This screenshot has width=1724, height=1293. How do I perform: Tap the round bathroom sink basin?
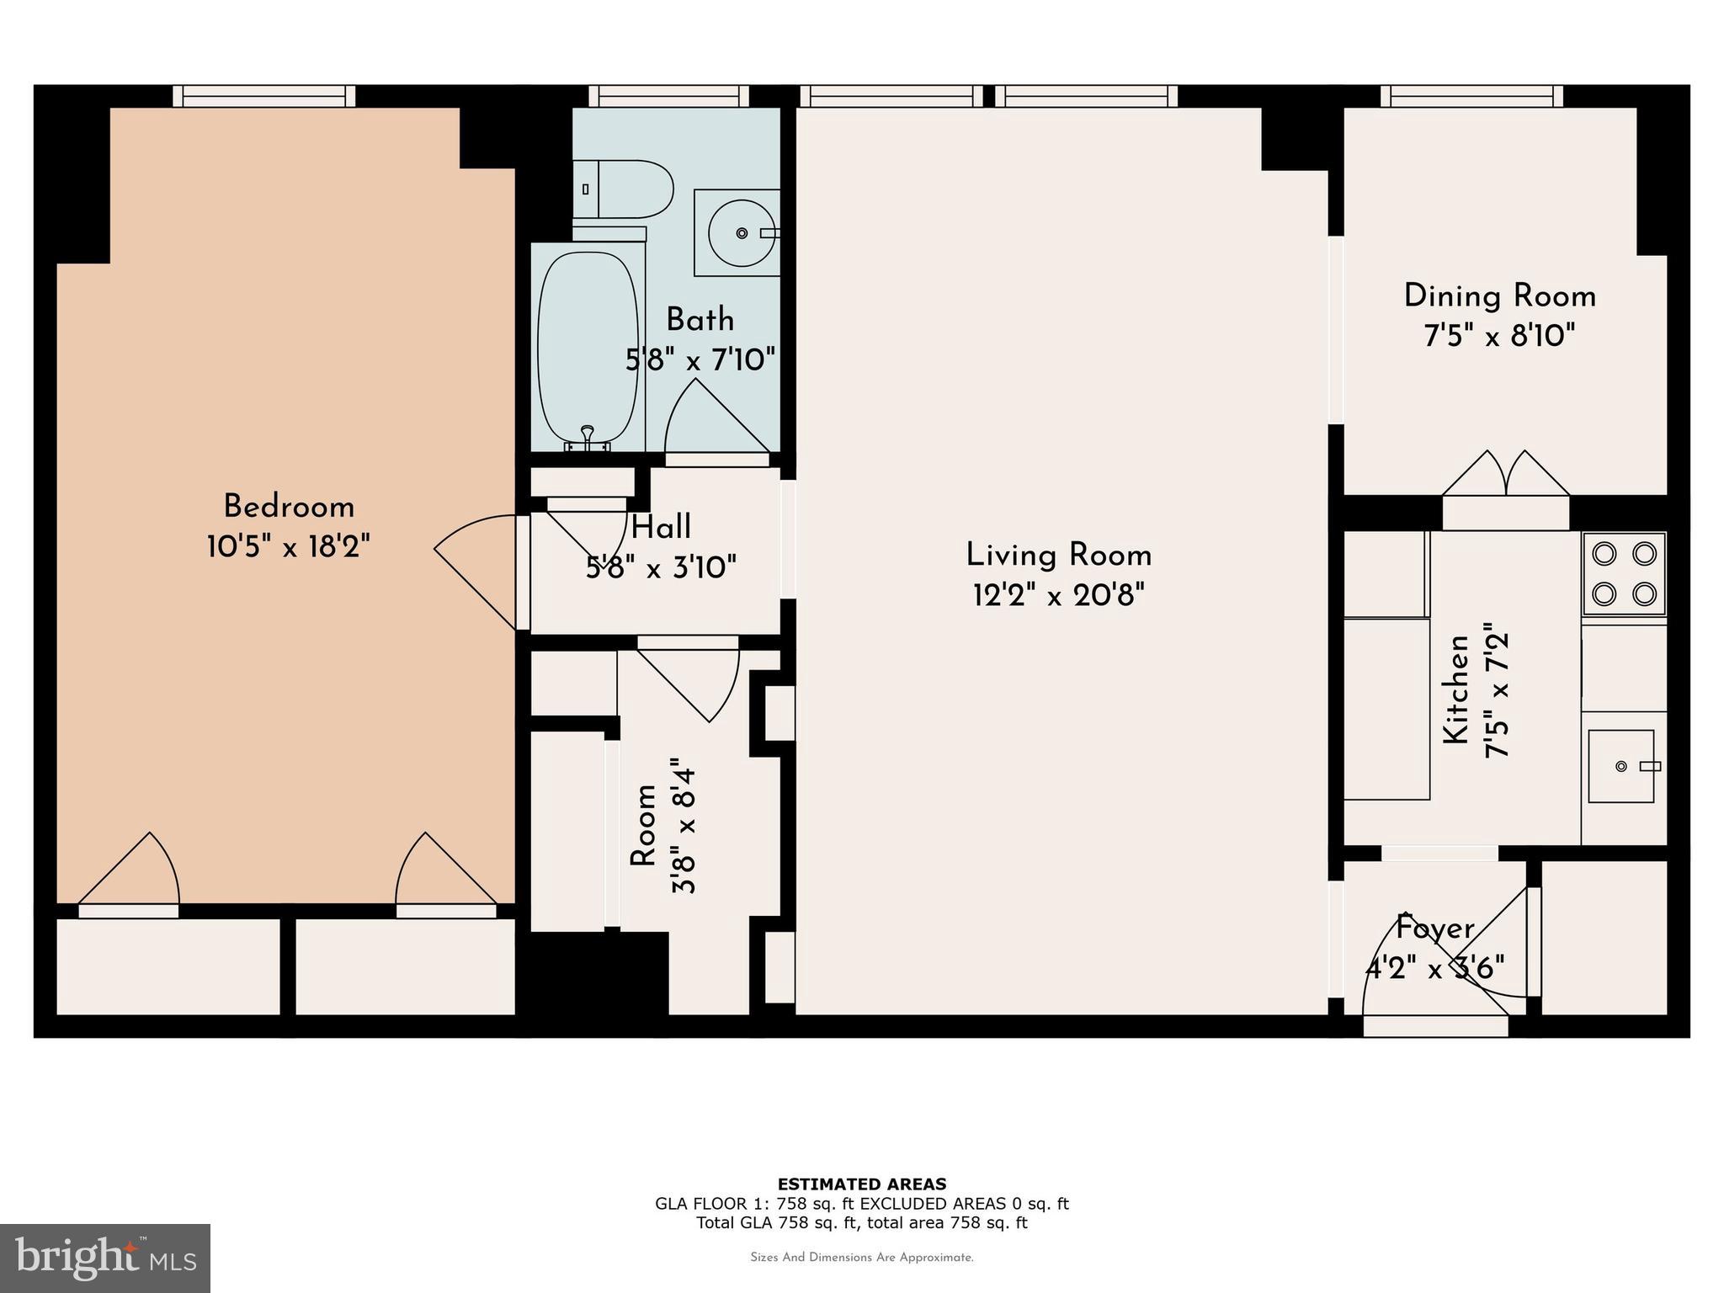(x=741, y=233)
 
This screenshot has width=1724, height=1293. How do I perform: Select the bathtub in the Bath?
(x=587, y=349)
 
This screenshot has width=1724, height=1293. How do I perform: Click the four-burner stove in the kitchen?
(x=1624, y=574)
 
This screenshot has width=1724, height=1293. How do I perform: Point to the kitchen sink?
(x=1621, y=766)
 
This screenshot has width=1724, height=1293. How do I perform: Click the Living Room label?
(x=1058, y=556)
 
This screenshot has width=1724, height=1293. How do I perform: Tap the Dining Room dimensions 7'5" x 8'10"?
(x=1499, y=337)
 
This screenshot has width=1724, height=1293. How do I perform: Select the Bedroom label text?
(x=289, y=507)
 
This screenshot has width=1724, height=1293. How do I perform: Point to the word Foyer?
(x=1435, y=929)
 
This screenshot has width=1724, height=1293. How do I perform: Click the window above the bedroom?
(x=264, y=96)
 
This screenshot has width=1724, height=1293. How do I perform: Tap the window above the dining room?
(x=1471, y=96)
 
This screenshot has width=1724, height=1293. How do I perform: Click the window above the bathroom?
(x=668, y=96)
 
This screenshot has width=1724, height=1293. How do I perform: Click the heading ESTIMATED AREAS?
(x=861, y=1184)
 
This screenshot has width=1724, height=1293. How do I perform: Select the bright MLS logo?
(x=104, y=1258)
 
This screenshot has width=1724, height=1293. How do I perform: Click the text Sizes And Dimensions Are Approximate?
(x=861, y=1258)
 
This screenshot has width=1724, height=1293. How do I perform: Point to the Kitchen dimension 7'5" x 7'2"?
(x=1498, y=690)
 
